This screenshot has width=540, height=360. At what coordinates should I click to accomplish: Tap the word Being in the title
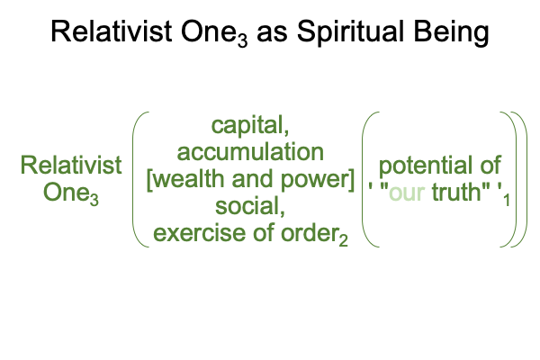451,32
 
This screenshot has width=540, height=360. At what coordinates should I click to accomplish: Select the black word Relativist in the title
112,31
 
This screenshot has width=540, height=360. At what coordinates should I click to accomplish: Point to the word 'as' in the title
272,34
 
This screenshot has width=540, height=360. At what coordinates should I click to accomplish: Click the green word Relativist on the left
71,165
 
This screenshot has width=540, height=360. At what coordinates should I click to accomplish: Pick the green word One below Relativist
66,192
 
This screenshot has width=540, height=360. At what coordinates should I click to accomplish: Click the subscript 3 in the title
242,41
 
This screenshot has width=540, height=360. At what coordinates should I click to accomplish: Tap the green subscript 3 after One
94,200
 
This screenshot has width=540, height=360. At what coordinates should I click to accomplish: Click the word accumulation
250,152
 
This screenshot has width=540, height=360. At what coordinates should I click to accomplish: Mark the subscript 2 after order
343,241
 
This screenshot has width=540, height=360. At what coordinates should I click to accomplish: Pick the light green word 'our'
407,193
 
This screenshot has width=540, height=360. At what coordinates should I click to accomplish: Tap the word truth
456,192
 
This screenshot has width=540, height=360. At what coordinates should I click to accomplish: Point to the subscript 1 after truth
506,200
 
